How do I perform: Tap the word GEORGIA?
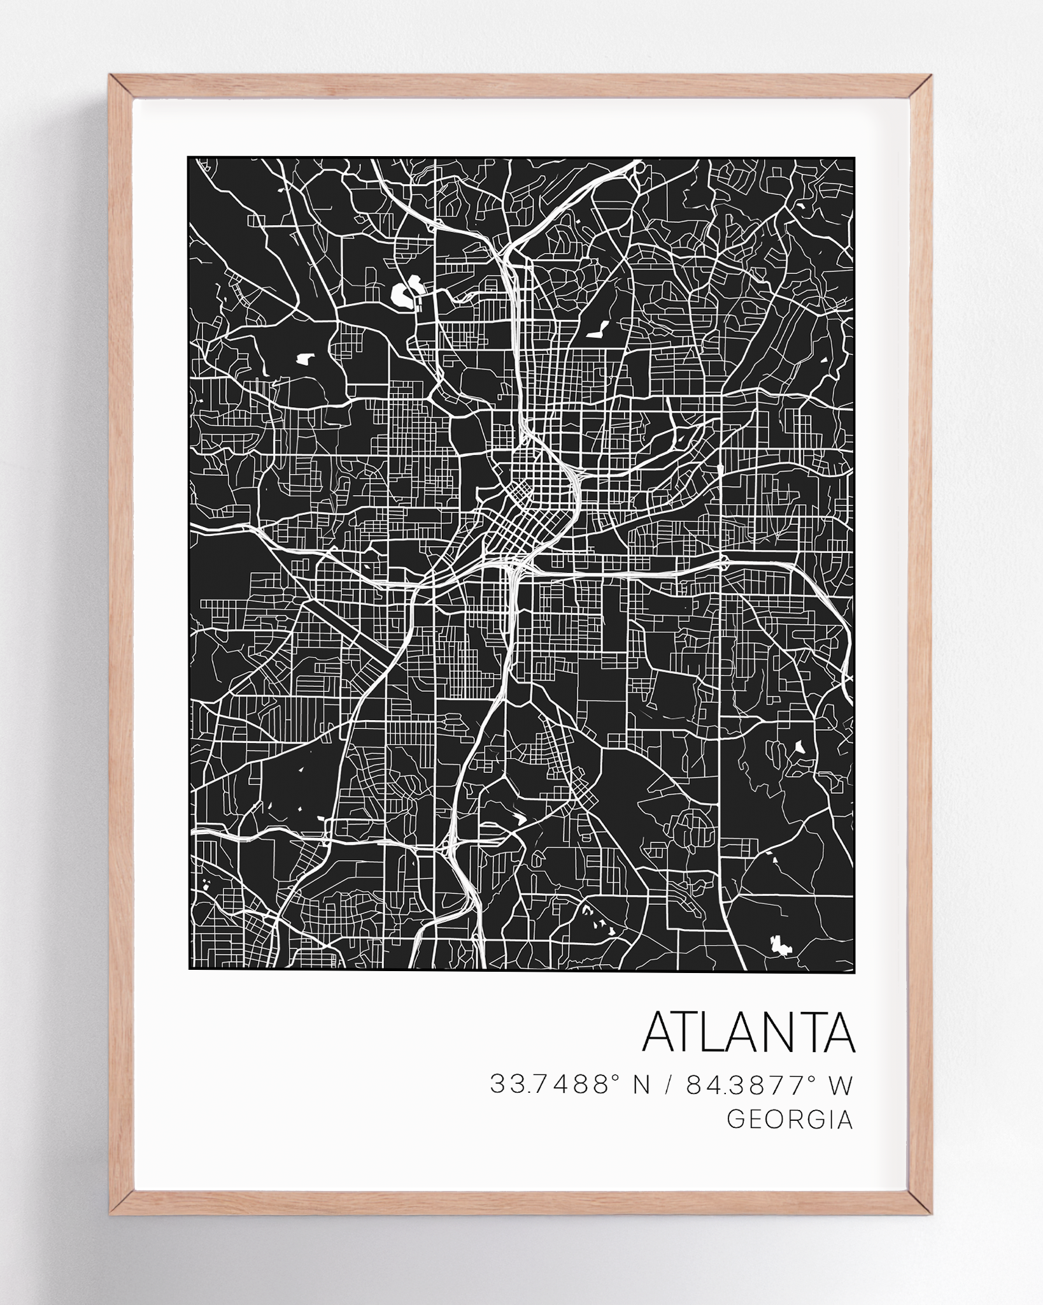(790, 1137)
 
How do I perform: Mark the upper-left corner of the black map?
(189, 158)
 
